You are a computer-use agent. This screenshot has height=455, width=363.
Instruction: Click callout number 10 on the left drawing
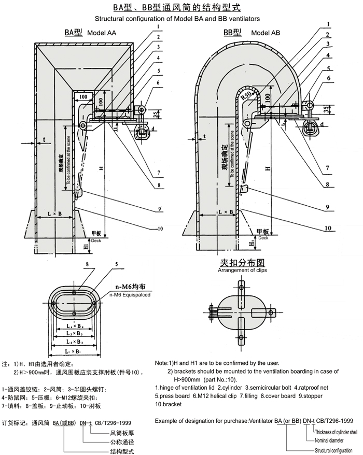pos(160,229)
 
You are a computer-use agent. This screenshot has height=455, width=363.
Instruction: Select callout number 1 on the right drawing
pos(329,23)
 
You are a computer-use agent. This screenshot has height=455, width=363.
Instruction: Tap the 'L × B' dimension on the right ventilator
pos(225,213)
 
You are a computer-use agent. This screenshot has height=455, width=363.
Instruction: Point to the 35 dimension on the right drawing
pos(325,109)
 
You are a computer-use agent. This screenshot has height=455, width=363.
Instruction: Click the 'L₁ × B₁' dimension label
pos(76,352)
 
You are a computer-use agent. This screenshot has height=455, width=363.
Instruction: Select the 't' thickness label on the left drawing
pos(45,139)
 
